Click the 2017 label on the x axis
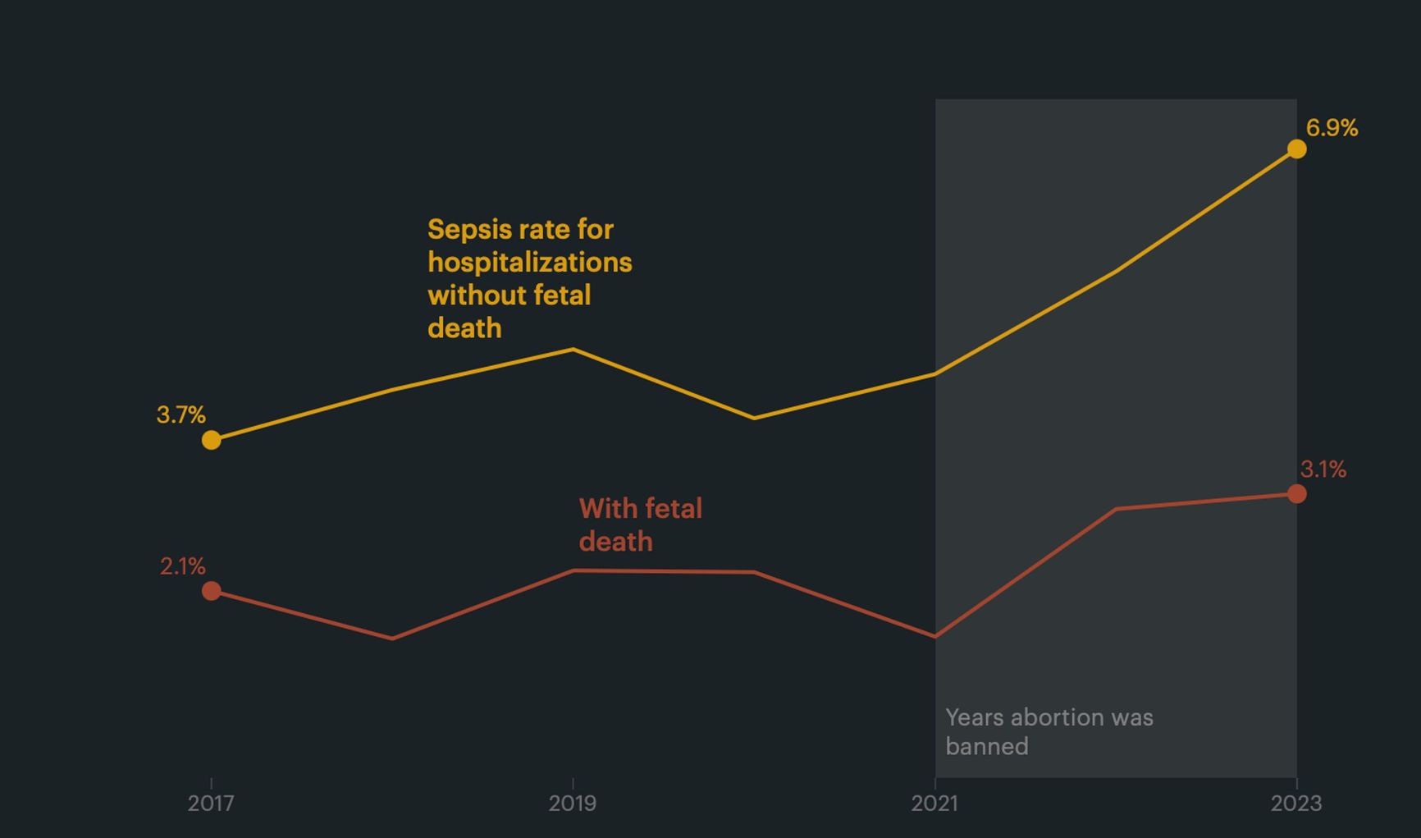pos(211,803)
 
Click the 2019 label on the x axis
pos(573,803)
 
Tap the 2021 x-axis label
pos(934,803)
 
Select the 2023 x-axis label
pos(1296,803)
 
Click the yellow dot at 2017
pos(212,440)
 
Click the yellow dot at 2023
pos(1296,149)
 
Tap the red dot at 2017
pos(212,591)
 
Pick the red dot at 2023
pos(1296,493)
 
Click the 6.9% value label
pos(1332,128)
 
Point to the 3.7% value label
pos(180,414)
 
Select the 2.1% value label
pos(182,566)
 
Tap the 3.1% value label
pos(1323,469)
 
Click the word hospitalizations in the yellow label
pos(529,263)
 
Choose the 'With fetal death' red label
pos(640,525)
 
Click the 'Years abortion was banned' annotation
pos(1049,731)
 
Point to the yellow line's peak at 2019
pos(573,350)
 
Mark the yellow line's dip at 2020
pos(754,418)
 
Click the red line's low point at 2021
pos(935,636)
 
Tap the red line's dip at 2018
pos(392,638)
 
